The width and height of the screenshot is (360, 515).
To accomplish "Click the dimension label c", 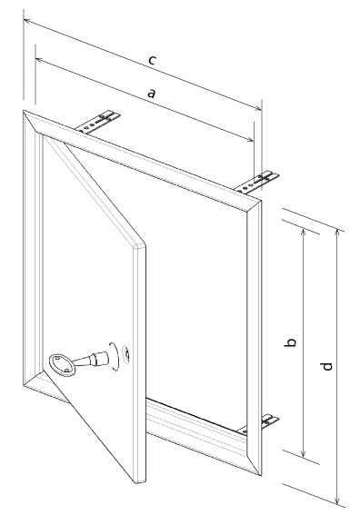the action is [152, 61].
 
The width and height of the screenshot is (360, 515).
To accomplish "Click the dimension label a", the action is [151, 94].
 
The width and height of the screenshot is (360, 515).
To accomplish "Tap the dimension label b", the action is [290, 342].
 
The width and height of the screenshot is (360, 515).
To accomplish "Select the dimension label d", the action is [326, 366].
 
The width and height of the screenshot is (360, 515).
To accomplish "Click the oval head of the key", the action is [62, 364].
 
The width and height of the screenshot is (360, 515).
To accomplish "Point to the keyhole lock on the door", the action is [126, 354].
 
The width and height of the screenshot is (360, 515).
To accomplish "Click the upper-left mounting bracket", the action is [97, 123].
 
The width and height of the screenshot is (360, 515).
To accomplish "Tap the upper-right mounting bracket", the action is [257, 182].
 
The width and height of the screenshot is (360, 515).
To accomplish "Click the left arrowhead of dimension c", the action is [26, 22].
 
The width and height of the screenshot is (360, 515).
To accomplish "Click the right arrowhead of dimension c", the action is [258, 108].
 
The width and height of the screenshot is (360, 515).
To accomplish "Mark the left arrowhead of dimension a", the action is [38, 59].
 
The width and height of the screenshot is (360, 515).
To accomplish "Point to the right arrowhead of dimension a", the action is [250, 140].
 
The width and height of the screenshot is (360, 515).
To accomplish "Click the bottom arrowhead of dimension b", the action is [303, 453].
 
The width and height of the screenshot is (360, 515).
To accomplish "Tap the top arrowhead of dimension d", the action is [337, 233].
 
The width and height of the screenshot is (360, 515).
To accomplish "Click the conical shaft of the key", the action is [91, 360].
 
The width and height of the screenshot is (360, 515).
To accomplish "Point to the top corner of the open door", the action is [43, 136].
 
